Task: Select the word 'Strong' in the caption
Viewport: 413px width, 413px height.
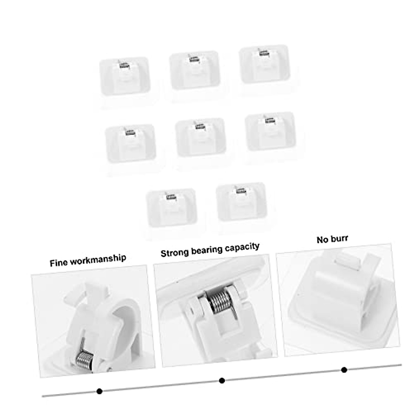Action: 174,252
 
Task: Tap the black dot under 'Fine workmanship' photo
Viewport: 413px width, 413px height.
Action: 99,391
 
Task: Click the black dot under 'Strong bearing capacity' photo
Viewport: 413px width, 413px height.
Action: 222,380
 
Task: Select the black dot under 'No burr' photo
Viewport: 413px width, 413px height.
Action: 344,370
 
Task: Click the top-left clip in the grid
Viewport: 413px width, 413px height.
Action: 125,76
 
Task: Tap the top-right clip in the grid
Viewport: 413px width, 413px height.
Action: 264,64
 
